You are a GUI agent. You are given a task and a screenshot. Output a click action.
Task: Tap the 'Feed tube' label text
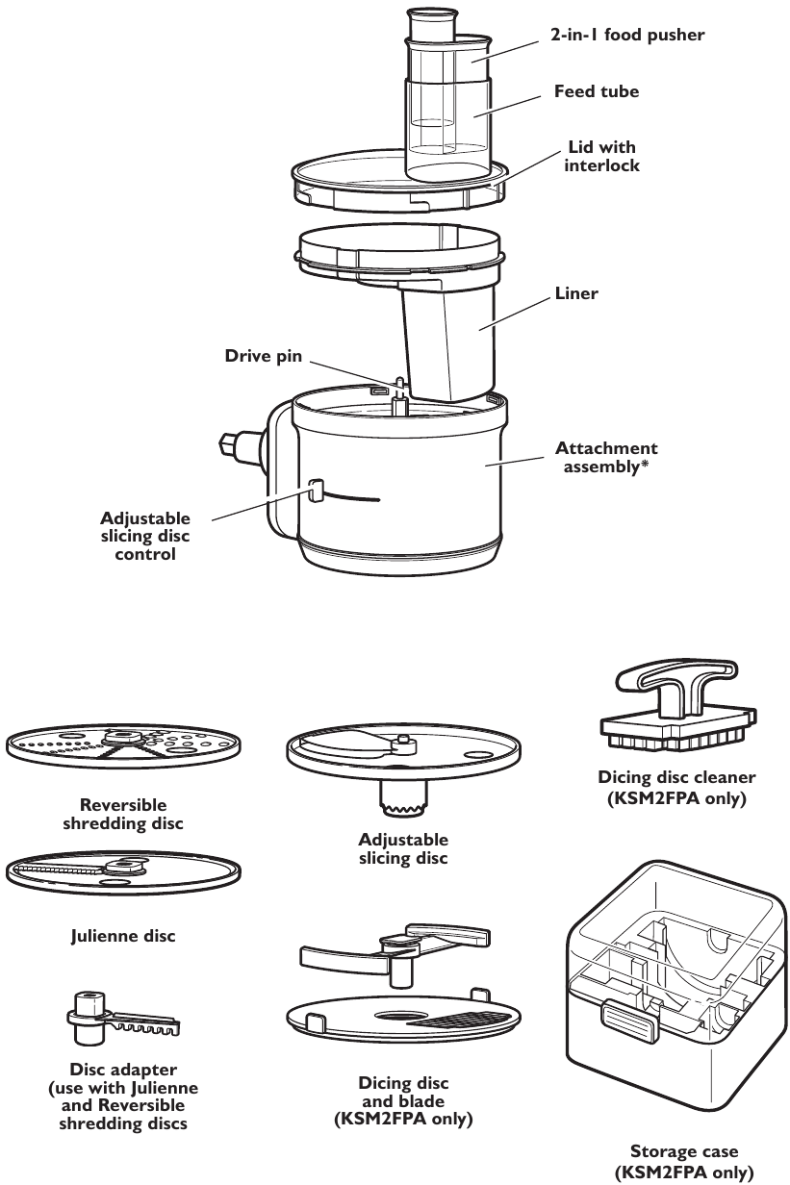[x=597, y=91]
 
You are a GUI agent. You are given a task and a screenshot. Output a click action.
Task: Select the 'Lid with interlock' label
[x=601, y=156]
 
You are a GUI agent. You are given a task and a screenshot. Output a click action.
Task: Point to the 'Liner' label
[x=575, y=293]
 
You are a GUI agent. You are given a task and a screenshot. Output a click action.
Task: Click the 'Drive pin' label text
[x=264, y=356]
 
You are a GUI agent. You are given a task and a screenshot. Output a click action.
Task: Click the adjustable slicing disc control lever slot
[x=313, y=492]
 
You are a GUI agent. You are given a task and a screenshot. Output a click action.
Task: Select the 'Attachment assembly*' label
[x=605, y=457]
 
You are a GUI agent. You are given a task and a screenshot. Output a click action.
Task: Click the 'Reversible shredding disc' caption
[x=122, y=814]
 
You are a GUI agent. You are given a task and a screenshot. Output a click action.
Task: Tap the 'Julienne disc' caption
[x=122, y=934]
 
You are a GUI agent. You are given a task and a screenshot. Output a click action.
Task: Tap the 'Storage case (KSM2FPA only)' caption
[x=684, y=1161]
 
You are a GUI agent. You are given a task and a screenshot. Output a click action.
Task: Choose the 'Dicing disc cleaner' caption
[x=676, y=787]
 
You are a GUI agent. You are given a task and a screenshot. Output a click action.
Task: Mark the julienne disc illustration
[x=122, y=871]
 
